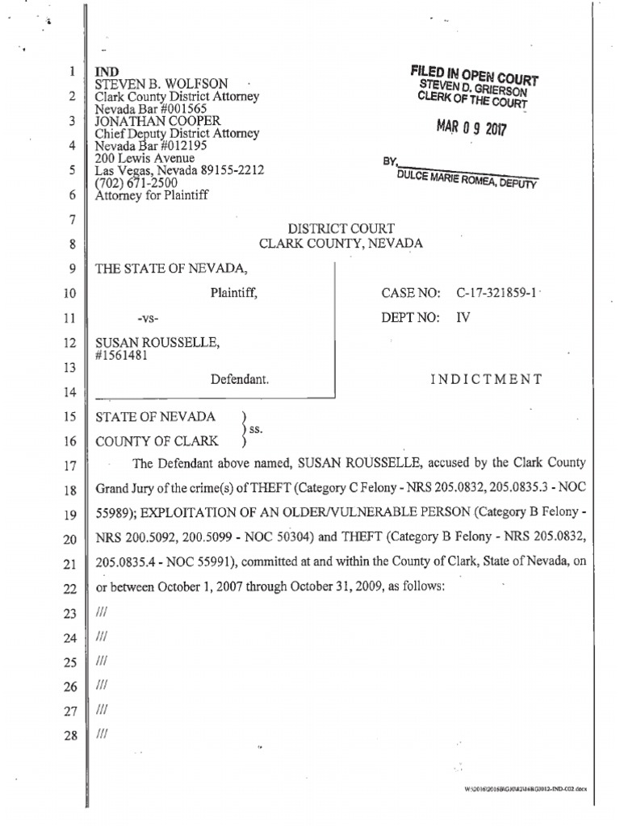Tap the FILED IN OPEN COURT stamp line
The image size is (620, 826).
tap(475, 73)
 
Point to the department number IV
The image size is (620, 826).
tap(463, 317)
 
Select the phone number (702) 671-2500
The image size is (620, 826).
tap(137, 182)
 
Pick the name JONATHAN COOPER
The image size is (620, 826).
tap(152, 121)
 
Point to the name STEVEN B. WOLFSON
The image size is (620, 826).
tap(162, 84)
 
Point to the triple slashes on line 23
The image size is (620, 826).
tap(101, 614)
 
